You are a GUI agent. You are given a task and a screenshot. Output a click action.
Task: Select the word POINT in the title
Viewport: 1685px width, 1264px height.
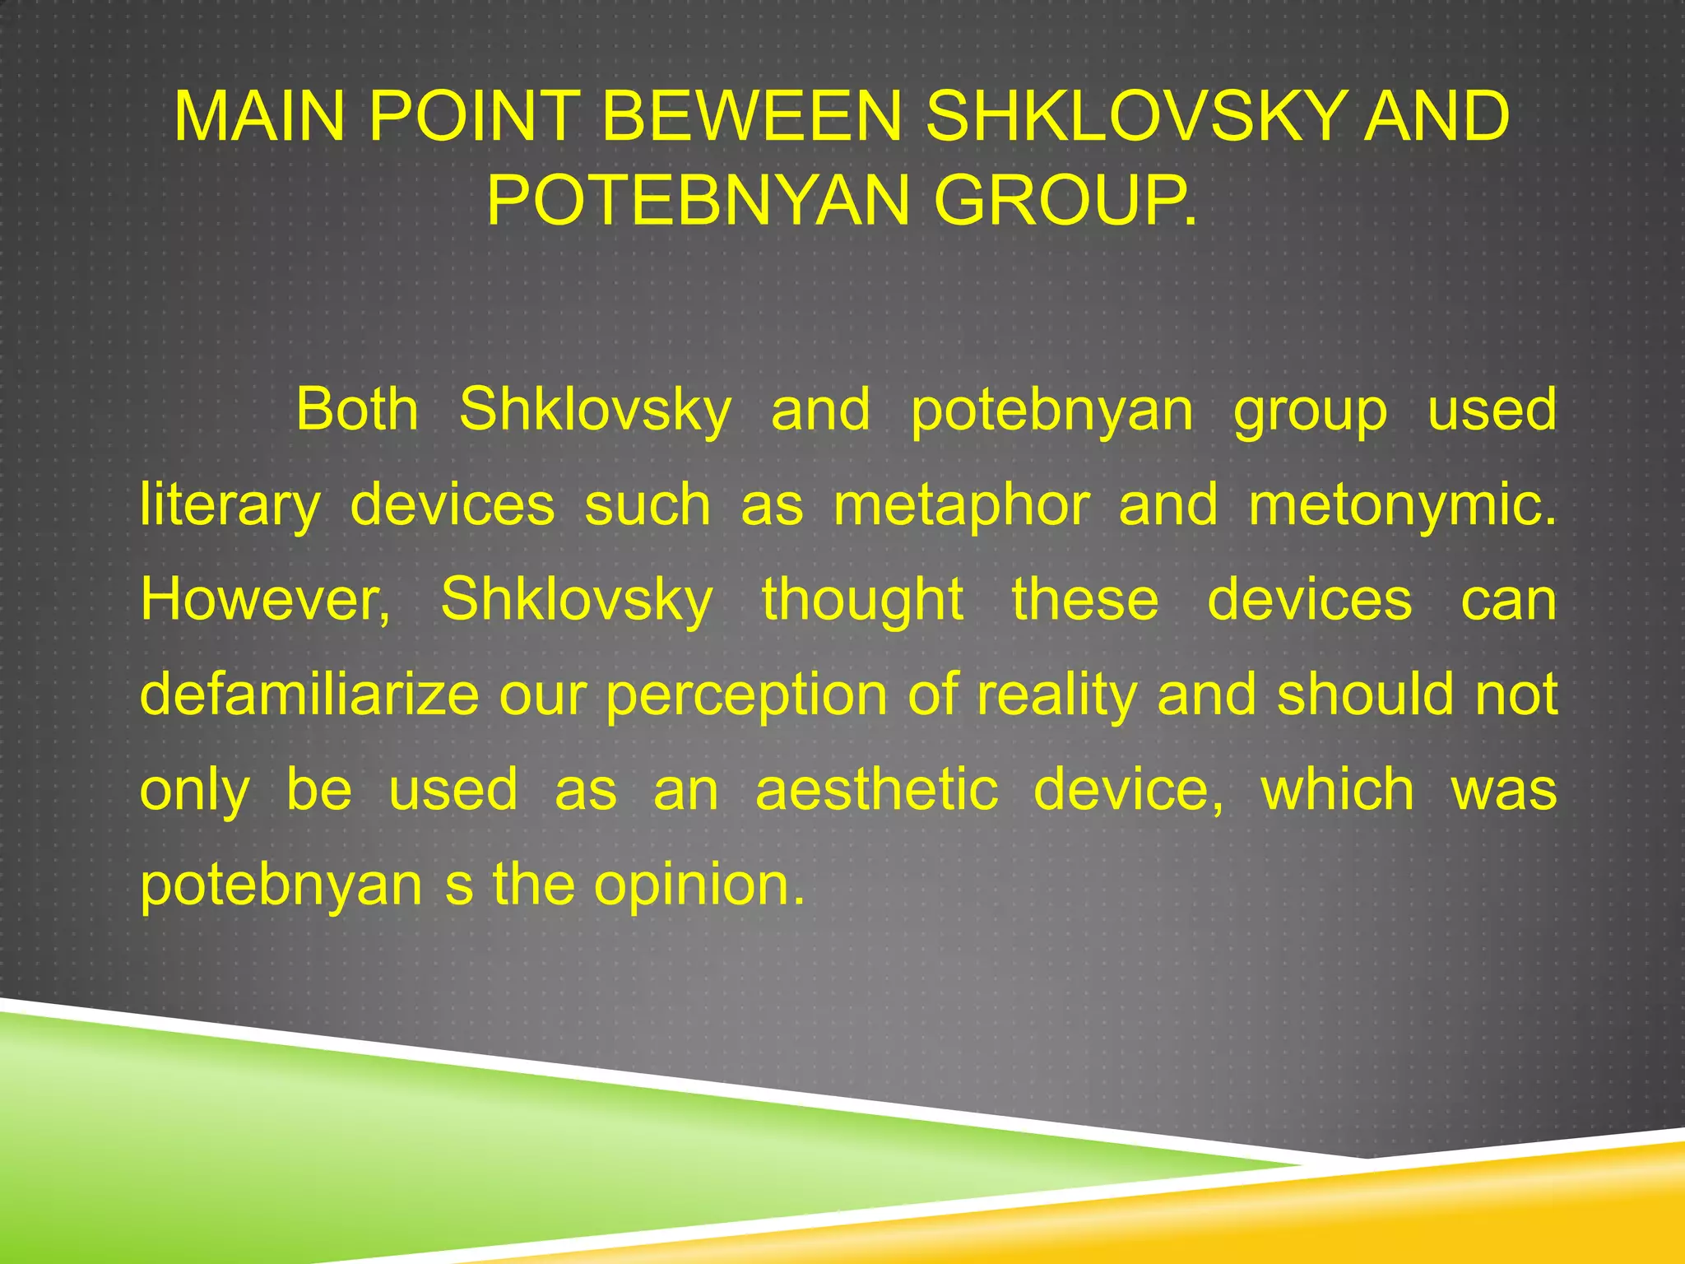pos(473,117)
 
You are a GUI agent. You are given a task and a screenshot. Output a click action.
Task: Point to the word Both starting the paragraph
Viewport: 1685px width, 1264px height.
pos(357,409)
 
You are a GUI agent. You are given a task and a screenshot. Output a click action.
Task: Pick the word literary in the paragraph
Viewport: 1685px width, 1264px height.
pos(230,504)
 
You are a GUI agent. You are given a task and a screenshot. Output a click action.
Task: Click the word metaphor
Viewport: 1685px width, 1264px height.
pos(962,504)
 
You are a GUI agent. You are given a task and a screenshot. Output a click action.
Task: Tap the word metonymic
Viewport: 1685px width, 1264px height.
pos(1402,504)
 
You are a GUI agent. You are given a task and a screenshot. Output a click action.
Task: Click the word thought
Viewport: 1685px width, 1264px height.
pos(862,599)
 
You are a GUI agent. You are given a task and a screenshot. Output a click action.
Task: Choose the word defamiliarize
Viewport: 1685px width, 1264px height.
pos(309,694)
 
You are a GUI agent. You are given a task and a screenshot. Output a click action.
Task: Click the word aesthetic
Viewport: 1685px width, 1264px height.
pos(877,789)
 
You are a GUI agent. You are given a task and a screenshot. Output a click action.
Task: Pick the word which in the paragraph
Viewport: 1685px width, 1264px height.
pos(1338,789)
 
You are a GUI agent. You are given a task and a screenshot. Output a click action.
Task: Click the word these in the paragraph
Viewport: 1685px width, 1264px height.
pos(1085,599)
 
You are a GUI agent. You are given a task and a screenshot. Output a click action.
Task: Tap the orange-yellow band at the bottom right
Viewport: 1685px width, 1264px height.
pos(1399,1210)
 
